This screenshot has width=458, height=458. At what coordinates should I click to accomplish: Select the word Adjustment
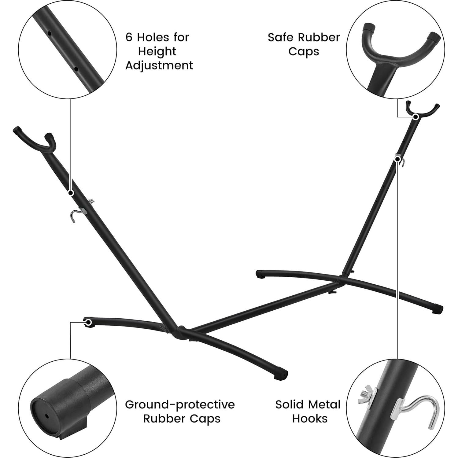(159, 66)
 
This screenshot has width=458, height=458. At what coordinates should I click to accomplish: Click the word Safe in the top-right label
(280, 38)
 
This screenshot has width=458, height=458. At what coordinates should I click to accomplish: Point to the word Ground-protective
(180, 404)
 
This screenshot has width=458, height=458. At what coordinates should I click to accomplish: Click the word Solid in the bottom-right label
(290, 404)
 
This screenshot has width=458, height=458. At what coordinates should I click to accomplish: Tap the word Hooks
(310, 419)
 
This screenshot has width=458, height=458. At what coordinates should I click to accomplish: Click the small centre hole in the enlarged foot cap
(46, 416)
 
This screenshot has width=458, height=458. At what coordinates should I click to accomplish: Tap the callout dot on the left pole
(71, 193)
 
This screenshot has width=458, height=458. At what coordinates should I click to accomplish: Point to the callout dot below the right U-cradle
(416, 116)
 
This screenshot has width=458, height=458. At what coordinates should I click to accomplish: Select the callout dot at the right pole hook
(397, 159)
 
